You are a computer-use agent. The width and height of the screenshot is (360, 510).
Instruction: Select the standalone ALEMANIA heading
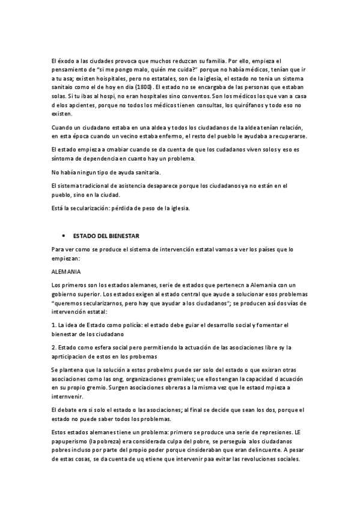pyautogui.click(x=67, y=271)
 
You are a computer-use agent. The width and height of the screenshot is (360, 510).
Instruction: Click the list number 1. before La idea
pyautogui.click(x=54, y=325)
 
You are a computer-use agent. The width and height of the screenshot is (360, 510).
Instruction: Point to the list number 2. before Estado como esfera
pyautogui.click(x=54, y=348)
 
